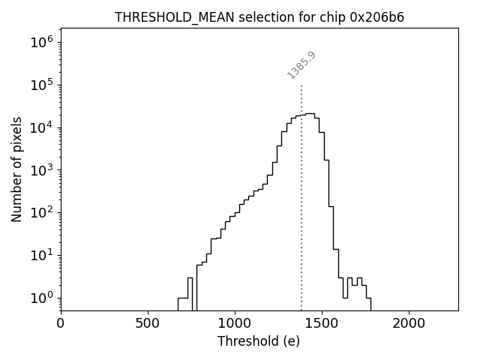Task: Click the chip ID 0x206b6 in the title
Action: [377, 17]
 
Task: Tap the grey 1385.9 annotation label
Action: [301, 64]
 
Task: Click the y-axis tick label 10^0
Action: [43, 298]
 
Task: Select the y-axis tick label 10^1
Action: [43, 255]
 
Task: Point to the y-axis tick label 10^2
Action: [43, 212]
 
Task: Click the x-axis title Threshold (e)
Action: [259, 341]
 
